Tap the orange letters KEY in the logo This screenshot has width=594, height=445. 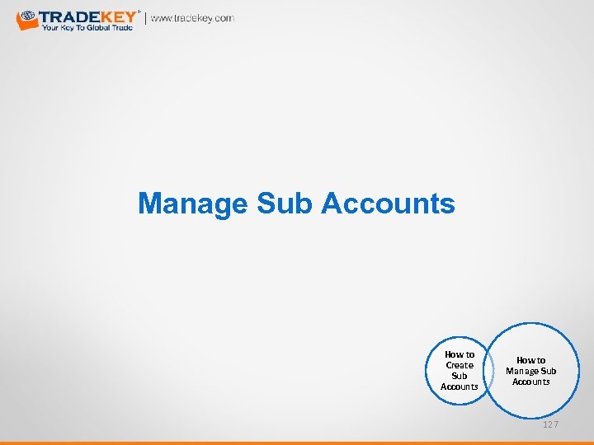(x=118, y=16)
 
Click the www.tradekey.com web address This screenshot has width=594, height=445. (x=192, y=18)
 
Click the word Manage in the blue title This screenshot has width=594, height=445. (x=192, y=203)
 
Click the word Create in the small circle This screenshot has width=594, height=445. (x=460, y=365)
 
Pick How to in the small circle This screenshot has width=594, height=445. (x=460, y=354)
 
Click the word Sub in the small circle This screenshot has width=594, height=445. (x=460, y=376)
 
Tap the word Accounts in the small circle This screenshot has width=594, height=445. (x=460, y=386)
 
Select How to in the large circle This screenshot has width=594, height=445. (x=530, y=360)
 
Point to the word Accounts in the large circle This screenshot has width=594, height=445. (x=530, y=382)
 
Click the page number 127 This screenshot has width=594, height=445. (x=550, y=424)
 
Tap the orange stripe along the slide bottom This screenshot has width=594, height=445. (x=297, y=443)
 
